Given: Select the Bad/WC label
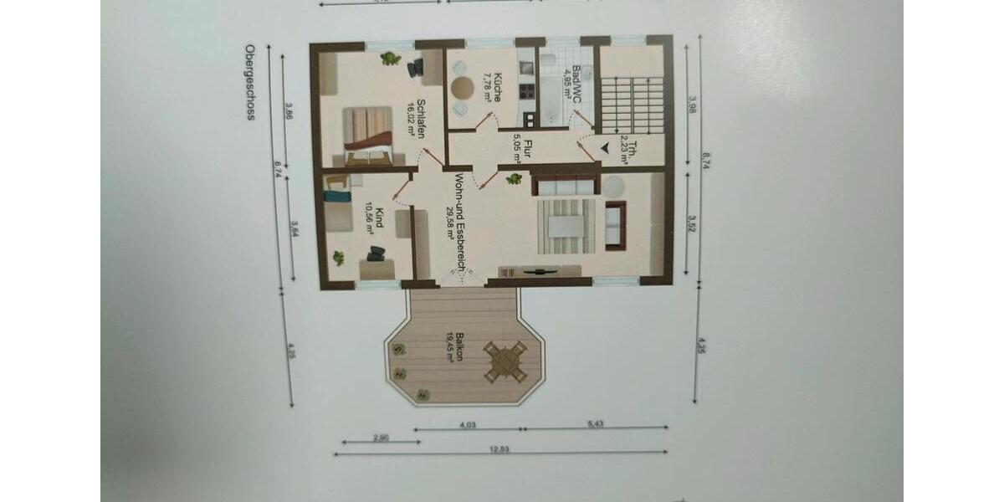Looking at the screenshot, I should pyautogui.click(x=571, y=81).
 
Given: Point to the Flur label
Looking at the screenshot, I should pyautogui.click(x=522, y=146).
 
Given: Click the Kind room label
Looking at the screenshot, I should pyautogui.click(x=374, y=220).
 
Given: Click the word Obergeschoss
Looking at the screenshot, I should pyautogui.click(x=248, y=83).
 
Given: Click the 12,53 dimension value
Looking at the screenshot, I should pyautogui.click(x=499, y=449).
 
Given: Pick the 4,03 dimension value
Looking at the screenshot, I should pyautogui.click(x=468, y=425).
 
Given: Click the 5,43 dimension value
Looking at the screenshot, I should pyautogui.click(x=595, y=425).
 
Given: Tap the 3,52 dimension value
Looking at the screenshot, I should pyautogui.click(x=692, y=223).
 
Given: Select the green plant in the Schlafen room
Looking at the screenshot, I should pyautogui.click(x=390, y=59).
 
